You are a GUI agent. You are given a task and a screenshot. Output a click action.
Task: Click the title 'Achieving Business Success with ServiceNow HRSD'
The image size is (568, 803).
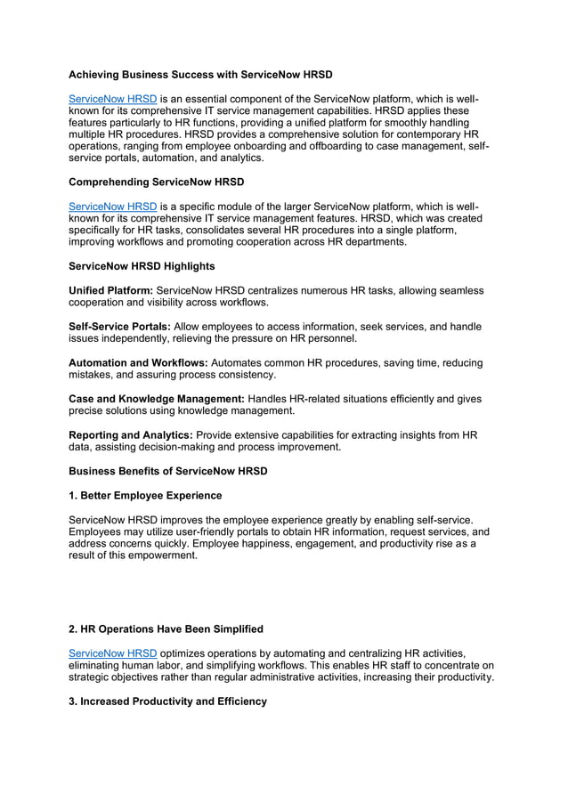(x=200, y=75)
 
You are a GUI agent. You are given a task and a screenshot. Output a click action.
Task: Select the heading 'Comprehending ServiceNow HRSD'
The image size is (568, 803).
(x=156, y=182)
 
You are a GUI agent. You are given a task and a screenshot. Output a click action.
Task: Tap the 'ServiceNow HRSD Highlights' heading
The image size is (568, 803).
(x=142, y=266)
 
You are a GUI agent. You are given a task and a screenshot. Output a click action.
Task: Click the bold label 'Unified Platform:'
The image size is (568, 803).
(x=111, y=290)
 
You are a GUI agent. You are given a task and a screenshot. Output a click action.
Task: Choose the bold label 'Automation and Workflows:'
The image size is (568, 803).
(x=138, y=363)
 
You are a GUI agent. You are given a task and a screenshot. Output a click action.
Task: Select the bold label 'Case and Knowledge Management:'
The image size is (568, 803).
(x=156, y=400)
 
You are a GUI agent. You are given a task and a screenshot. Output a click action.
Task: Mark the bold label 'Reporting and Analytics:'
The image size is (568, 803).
(x=130, y=435)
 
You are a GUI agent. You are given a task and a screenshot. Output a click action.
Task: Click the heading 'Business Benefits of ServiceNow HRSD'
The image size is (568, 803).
(x=167, y=471)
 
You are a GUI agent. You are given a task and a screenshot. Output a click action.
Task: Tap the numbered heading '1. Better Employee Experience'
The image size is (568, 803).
(x=145, y=495)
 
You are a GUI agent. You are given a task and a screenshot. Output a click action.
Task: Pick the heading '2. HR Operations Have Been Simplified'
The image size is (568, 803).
(x=166, y=629)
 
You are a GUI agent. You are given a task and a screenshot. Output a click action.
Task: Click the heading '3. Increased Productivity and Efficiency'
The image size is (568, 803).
(x=167, y=702)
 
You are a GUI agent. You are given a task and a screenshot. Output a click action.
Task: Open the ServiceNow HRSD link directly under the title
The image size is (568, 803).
(x=112, y=98)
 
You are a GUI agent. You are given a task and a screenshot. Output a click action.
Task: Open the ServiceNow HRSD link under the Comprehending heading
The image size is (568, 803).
(x=112, y=206)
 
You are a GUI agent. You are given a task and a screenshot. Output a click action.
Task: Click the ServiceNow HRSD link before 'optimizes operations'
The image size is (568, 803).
(x=112, y=653)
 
